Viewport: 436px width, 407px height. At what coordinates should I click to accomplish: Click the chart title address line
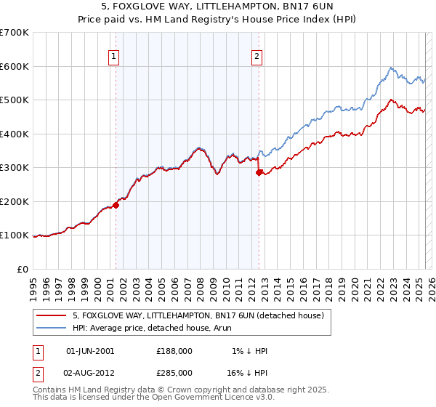click(x=218, y=7)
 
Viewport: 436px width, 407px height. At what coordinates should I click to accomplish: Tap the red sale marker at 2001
click(x=116, y=206)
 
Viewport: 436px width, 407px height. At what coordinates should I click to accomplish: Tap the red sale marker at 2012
click(x=259, y=173)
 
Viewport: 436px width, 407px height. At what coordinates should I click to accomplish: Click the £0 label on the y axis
click(x=23, y=269)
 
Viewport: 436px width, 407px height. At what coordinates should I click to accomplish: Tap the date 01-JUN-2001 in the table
click(x=90, y=351)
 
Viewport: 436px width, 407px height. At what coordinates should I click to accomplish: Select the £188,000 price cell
click(x=174, y=351)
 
